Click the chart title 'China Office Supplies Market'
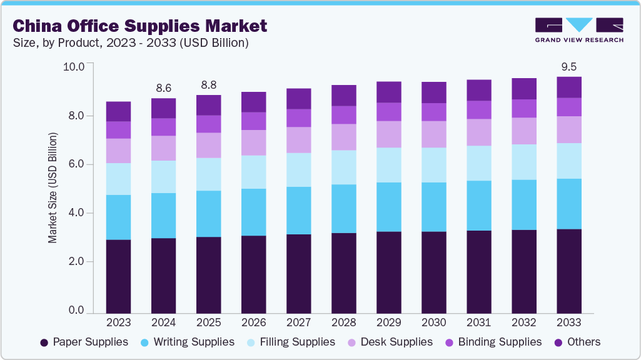pos(140,26)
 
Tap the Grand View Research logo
pos(578,29)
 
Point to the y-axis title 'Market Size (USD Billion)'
pos(53,187)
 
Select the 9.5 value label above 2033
pos(568,67)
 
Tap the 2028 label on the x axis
pos(343,322)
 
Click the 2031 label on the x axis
pos(478,322)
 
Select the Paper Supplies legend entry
pos(84,342)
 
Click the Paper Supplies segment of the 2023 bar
pos(118,276)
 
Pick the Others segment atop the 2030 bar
pos(433,92)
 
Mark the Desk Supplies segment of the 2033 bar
pos(568,129)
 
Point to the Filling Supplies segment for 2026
pos(253,172)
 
